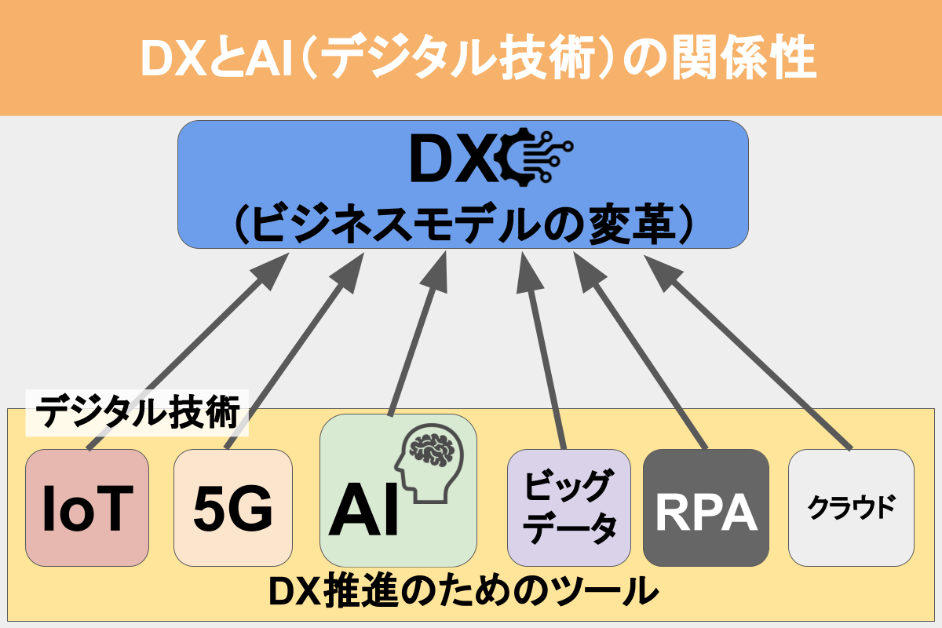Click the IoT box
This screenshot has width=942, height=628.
click(x=86, y=508)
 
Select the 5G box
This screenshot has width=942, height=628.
click(x=232, y=508)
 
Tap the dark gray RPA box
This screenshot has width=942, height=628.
click(x=705, y=508)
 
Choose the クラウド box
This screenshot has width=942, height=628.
click(x=851, y=508)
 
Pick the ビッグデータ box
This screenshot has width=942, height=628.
click(x=568, y=508)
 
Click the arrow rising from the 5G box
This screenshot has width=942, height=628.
click(x=290, y=353)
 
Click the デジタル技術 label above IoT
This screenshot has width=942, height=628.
click(x=138, y=413)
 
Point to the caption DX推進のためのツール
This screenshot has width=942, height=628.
click(x=463, y=593)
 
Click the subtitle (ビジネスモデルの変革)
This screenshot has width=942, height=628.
click(x=463, y=224)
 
